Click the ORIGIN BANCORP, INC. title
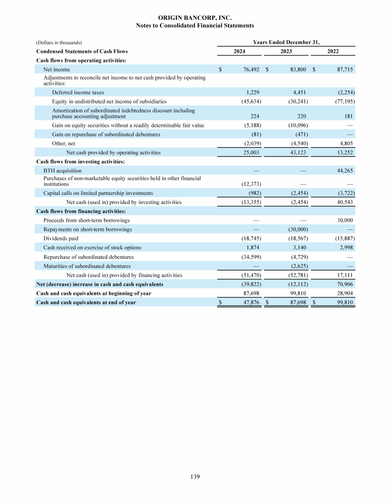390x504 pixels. coord(195,18)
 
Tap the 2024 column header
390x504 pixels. coord(240,51)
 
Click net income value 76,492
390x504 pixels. coord(251,69)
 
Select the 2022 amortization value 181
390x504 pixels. coord(349,115)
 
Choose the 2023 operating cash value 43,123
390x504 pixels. coord(298,152)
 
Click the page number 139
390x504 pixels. coord(195,477)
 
